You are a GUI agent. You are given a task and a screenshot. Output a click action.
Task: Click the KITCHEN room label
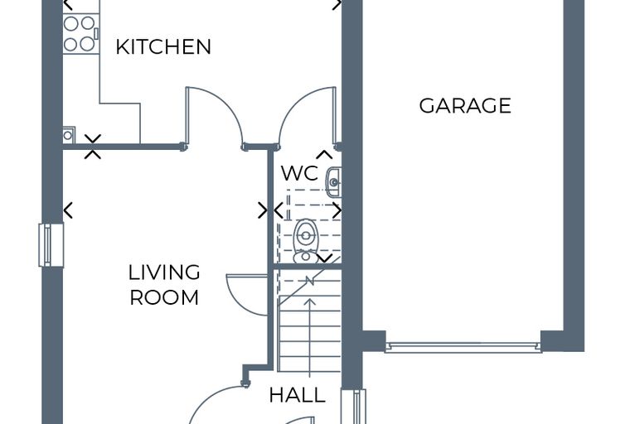[x=163, y=46]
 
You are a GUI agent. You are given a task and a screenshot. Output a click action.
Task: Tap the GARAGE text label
[x=465, y=106]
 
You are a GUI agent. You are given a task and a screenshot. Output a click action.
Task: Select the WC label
[x=299, y=173]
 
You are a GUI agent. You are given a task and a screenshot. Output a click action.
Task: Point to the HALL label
[x=297, y=395]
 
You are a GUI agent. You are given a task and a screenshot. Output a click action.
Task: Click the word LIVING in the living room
[x=164, y=272]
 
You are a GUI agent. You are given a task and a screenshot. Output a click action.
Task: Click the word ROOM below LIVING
[x=164, y=297]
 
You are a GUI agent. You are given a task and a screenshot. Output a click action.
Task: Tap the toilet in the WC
[x=306, y=241]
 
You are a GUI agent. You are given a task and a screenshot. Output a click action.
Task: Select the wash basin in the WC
[x=333, y=182]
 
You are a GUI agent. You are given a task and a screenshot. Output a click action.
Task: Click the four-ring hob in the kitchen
[x=80, y=34]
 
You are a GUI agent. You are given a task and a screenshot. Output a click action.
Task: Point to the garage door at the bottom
[x=463, y=347]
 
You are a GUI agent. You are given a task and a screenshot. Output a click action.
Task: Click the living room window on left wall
[x=51, y=245]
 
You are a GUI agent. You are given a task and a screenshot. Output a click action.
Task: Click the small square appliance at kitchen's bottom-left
[x=69, y=135]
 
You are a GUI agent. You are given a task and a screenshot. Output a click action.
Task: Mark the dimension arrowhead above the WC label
[x=325, y=154]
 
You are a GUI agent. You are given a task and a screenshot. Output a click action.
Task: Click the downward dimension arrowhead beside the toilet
[x=325, y=258]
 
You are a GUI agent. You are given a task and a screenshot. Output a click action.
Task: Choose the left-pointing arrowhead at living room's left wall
[x=68, y=210]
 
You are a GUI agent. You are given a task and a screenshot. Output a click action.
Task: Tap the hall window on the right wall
[x=354, y=407]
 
